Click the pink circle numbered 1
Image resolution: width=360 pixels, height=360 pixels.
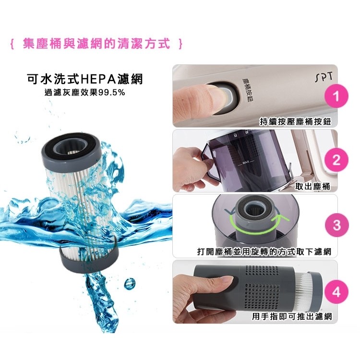click(x=336, y=96)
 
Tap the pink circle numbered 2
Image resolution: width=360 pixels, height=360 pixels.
click(x=336, y=160)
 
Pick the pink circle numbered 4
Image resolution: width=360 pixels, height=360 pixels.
click(x=336, y=292)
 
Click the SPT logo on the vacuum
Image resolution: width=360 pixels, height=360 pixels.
click(x=324, y=78)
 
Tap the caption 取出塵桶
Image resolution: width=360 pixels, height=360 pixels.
click(x=312, y=186)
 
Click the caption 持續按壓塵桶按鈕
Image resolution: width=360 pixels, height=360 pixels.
click(x=296, y=121)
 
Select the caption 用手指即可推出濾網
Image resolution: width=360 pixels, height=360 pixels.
click(x=292, y=316)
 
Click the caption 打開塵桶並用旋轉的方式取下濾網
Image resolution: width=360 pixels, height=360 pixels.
click(x=264, y=252)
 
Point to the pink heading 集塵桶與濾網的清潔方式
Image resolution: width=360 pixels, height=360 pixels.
click(x=96, y=43)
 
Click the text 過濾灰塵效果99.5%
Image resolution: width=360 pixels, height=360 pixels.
click(x=84, y=92)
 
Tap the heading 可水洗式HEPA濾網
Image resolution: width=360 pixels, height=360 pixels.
click(x=84, y=79)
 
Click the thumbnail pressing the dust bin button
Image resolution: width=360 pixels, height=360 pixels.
click(x=255, y=96)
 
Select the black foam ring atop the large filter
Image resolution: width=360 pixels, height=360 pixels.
click(x=71, y=146)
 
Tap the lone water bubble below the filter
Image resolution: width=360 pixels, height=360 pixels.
click(x=130, y=284)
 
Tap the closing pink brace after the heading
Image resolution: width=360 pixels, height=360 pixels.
click(x=180, y=44)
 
